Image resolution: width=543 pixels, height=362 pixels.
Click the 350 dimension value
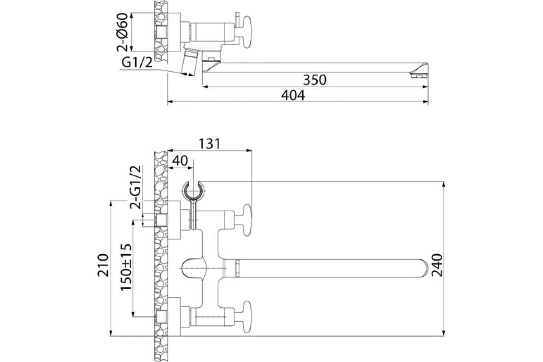click(x=314, y=80)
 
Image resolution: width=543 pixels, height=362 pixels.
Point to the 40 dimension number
click(x=180, y=161)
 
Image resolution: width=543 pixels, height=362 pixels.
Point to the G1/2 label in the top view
click(x=137, y=62)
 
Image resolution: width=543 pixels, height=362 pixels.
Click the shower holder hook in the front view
click(x=194, y=191)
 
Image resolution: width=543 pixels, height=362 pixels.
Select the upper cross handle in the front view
click(x=246, y=220)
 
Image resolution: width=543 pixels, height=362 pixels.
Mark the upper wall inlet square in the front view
click(x=161, y=220)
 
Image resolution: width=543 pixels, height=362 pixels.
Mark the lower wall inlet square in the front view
click(x=161, y=315)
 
